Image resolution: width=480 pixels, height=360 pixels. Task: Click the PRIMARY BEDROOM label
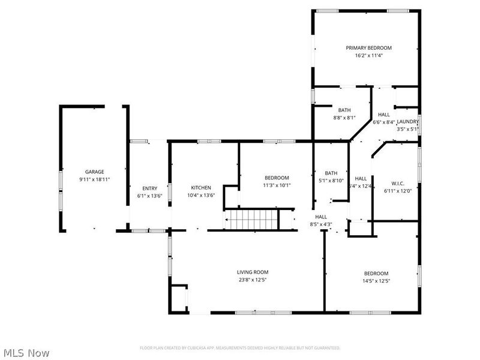point(368,47)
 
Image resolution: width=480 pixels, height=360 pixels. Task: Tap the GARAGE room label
point(94,172)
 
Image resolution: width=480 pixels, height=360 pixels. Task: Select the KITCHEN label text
point(201,187)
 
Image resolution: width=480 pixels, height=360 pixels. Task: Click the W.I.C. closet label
point(398,183)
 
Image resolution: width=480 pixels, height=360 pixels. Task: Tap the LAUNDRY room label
point(407,122)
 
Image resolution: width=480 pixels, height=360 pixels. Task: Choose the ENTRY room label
point(149,188)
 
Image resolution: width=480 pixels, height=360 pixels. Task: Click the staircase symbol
point(252,220)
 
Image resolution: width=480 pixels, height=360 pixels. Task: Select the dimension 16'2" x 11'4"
point(368,55)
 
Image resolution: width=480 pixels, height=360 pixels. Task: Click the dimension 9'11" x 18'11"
point(94,179)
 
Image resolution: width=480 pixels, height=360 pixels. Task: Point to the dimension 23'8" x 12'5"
point(252,280)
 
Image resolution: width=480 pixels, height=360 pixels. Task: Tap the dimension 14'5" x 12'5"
point(376,281)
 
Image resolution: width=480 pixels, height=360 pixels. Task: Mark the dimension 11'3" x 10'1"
point(277,185)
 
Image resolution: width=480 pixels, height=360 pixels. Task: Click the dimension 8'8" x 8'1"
point(344,118)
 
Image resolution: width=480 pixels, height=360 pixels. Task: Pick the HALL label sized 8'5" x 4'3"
point(321,217)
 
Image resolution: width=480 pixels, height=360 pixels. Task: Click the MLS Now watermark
point(26,353)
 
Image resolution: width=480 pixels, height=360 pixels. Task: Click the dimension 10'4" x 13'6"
point(201,195)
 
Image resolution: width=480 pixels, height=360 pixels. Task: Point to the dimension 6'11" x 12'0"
point(398,191)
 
